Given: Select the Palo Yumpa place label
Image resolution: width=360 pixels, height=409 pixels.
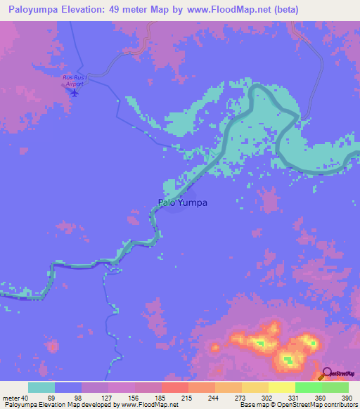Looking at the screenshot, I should (x=183, y=203).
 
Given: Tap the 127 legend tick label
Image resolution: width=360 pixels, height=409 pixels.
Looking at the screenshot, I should (x=108, y=398).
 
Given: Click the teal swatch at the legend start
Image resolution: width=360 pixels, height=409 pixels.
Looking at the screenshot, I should (x=41, y=387).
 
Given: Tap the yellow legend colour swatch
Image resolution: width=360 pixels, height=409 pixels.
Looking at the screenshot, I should (x=282, y=387).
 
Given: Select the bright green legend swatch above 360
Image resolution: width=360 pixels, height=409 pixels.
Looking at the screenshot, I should (x=309, y=387).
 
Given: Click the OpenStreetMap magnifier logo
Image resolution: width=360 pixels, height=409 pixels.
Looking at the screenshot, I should (x=325, y=373).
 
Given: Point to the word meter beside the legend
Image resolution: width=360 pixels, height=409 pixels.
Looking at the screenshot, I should (x=11, y=398).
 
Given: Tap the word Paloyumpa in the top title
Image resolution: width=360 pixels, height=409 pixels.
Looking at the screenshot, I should (x=36, y=10).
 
